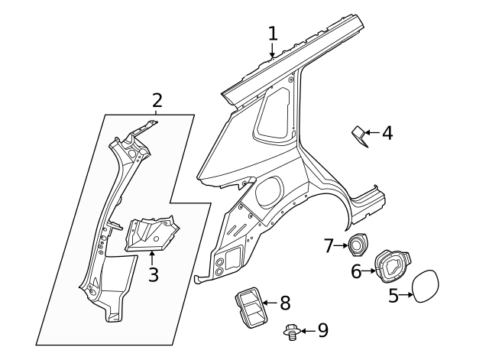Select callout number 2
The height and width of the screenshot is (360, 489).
click(x=157, y=100)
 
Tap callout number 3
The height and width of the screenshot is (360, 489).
click(x=153, y=274)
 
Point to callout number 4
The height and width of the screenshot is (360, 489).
click(x=387, y=133)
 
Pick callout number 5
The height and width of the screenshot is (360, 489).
click(x=393, y=296)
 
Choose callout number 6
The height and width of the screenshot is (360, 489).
click(x=357, y=271)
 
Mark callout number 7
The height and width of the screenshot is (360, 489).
click(x=329, y=245)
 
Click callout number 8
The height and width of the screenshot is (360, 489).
click(x=284, y=303)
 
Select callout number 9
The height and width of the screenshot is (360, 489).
click(x=322, y=330)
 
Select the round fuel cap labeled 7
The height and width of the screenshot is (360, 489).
click(x=358, y=245)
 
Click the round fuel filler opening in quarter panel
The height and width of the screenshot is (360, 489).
click(x=269, y=192)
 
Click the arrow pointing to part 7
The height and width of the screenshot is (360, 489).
click(x=342, y=245)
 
